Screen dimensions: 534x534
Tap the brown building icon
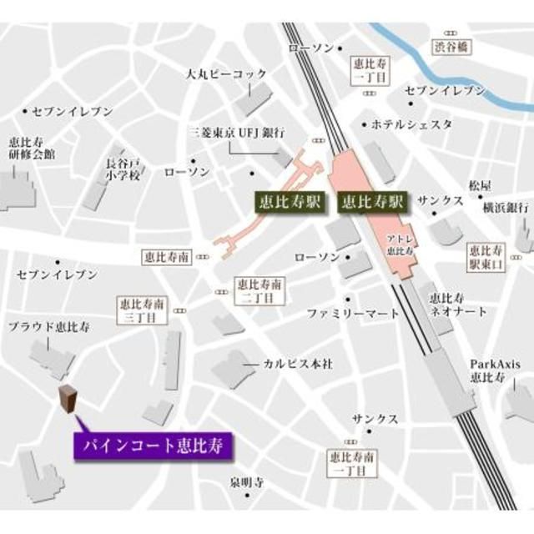[x=68, y=400]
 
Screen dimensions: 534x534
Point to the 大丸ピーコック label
[x=226, y=74]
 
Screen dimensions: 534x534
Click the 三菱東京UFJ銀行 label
[x=236, y=133]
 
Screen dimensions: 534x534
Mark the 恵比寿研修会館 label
[x=31, y=148]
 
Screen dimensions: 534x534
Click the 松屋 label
[x=481, y=185]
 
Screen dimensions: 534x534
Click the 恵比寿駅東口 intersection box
[x=486, y=256]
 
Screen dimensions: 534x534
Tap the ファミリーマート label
[x=352, y=314]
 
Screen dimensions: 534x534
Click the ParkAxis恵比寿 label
[x=489, y=370]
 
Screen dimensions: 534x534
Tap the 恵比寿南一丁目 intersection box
[x=349, y=464]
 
